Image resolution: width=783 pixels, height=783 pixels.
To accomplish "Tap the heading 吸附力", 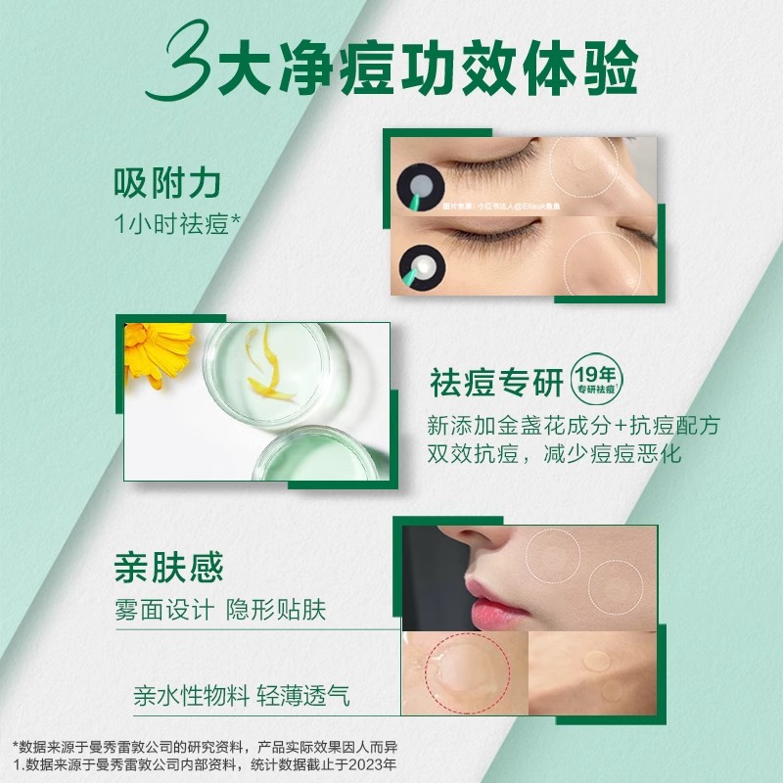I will (x=167, y=183).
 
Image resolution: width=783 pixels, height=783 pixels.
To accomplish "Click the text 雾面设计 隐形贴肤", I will (x=220, y=610).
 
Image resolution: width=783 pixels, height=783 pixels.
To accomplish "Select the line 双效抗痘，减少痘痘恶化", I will (x=554, y=455).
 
